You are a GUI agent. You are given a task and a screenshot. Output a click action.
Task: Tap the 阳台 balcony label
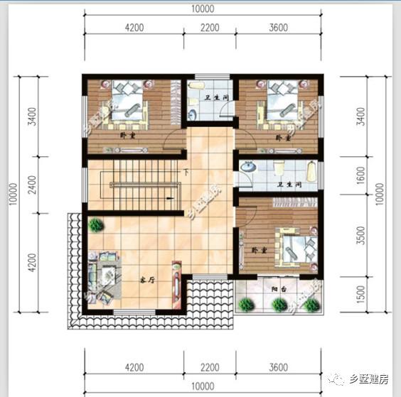279,290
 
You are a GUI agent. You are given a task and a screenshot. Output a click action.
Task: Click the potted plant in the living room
95,226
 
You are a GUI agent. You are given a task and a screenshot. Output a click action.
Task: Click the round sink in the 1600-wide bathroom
247,166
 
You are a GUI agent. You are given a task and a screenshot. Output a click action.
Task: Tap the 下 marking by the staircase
186,173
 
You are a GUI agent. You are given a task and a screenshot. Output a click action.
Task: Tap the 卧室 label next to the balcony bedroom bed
258,251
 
